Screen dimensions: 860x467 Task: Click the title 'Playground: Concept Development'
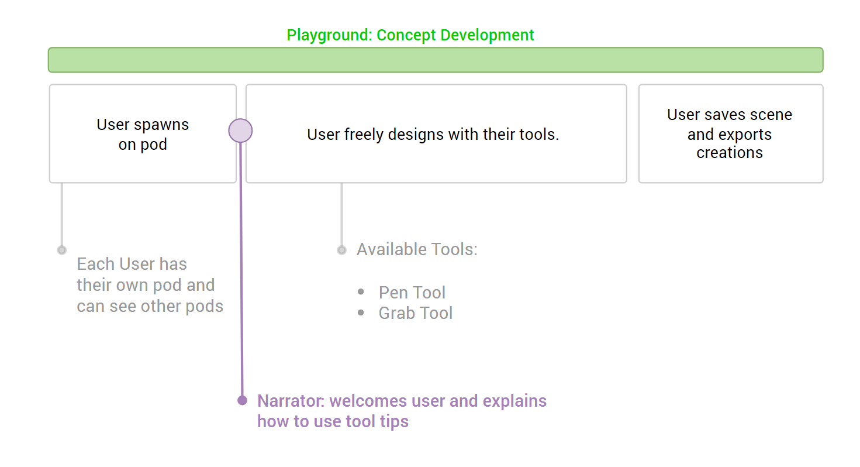coord(410,35)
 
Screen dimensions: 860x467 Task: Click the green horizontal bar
coord(436,60)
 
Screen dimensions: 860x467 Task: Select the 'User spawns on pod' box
coord(143,134)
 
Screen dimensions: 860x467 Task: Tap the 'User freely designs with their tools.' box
coord(436,134)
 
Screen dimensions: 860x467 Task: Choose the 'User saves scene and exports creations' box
coord(731,134)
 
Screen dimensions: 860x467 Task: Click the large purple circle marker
coord(240,131)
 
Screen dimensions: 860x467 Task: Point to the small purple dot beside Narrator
coord(242,400)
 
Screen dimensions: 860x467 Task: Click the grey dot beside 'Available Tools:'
coord(341,250)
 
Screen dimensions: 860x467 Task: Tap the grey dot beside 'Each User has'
coord(62,250)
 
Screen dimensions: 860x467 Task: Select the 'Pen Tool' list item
coord(412,293)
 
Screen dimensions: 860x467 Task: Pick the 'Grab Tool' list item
coord(416,313)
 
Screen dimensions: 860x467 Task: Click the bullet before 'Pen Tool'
coord(361,292)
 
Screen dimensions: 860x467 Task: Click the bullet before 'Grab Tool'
coord(361,313)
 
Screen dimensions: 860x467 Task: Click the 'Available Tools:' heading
coord(417,249)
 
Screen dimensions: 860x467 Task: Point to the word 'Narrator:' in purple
coord(291,401)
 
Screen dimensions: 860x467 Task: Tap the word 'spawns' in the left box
coord(161,125)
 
